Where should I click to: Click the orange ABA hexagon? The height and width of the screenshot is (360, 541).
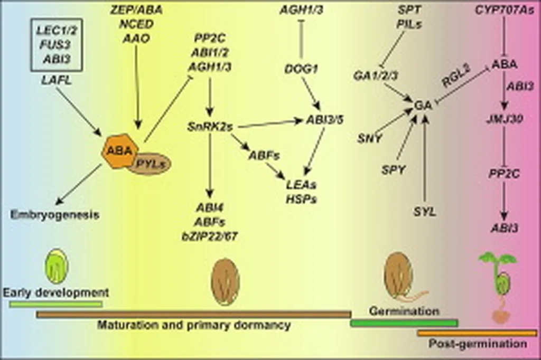tap(119, 151)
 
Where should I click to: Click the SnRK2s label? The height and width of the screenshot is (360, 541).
tap(210, 126)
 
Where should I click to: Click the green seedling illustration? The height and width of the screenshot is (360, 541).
tap(499, 285)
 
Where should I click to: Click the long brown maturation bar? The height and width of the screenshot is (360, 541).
tap(193, 314)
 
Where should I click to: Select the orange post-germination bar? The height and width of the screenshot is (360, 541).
tap(477, 333)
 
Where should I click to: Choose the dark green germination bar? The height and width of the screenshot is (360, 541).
tap(404, 323)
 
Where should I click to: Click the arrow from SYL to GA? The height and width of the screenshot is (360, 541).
tap(425, 158)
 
